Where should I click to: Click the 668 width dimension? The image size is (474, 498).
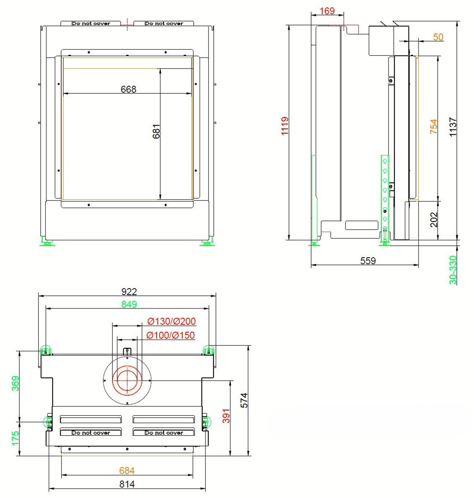click(128, 89)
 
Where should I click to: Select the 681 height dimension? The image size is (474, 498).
click(156, 132)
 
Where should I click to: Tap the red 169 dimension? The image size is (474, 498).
click(327, 11)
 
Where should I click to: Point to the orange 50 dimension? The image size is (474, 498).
click(438, 37)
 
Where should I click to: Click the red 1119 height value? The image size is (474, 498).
click(285, 126)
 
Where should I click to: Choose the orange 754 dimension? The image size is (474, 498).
click(433, 126)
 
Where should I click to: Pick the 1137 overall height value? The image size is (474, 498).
click(453, 127)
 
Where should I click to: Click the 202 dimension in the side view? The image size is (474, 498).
click(433, 219)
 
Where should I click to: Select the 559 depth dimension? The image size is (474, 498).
click(368, 261)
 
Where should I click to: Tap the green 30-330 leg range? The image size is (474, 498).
click(453, 270)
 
